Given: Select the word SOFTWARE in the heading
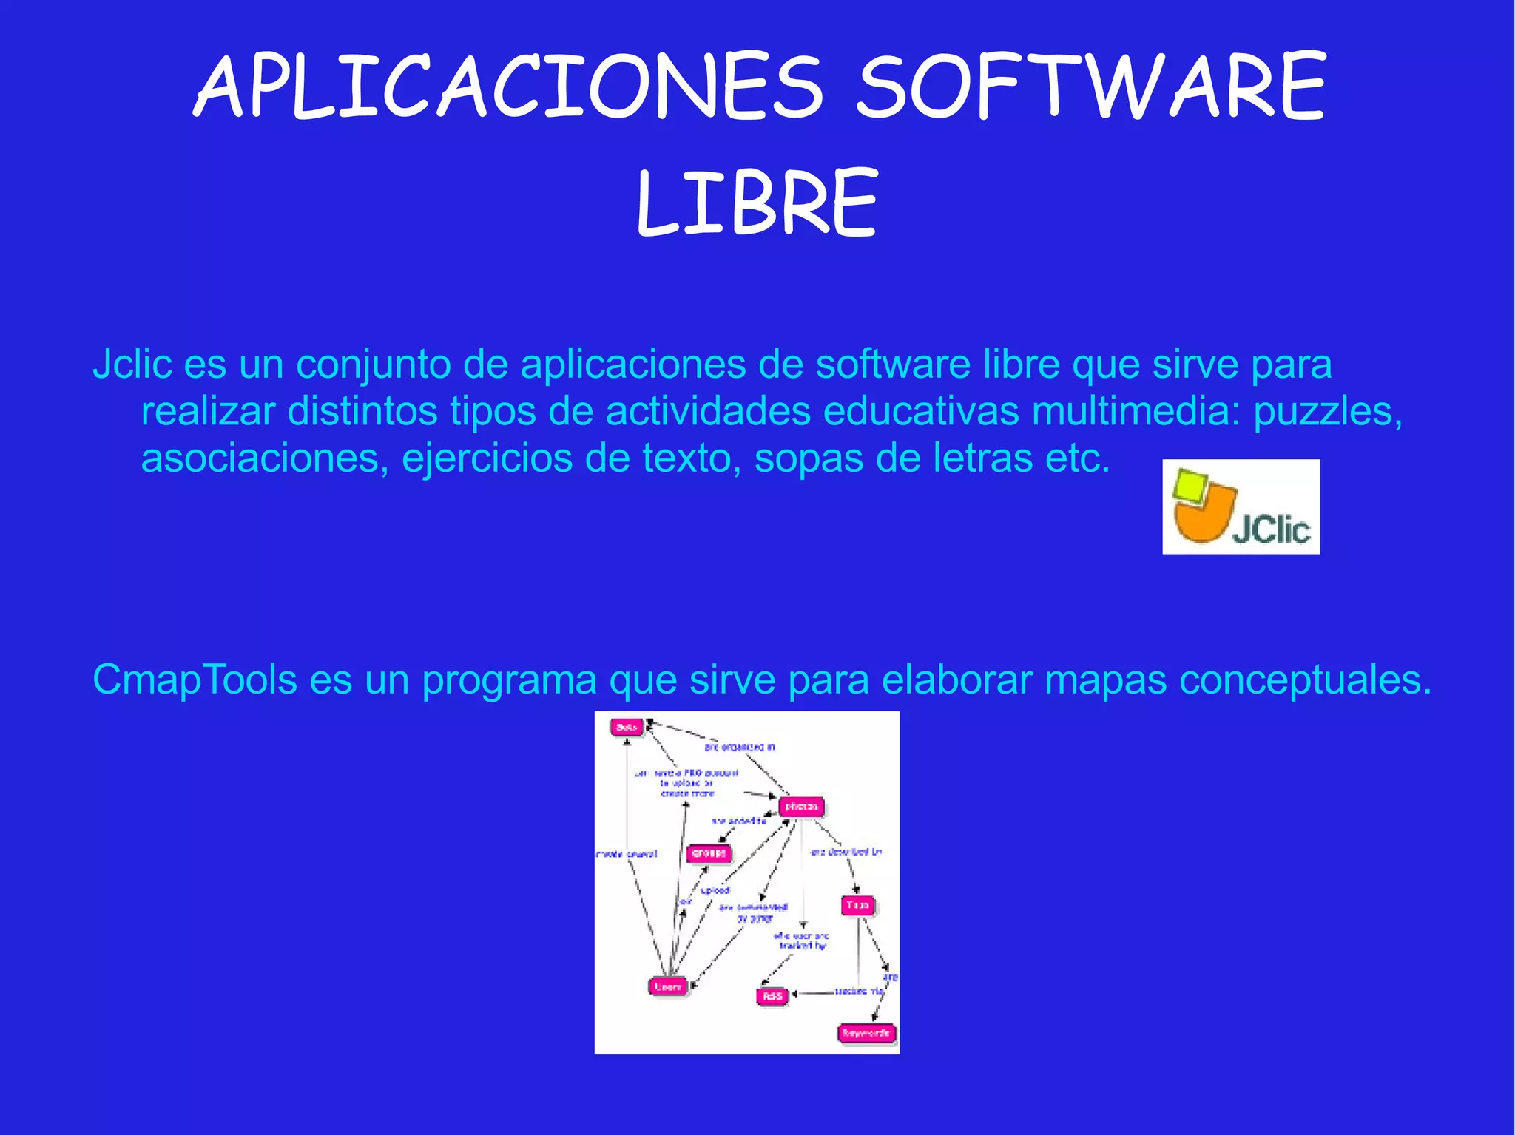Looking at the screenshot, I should tap(1091, 87).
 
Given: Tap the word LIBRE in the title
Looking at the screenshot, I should tap(757, 203).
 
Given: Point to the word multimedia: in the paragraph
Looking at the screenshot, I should tap(1136, 411).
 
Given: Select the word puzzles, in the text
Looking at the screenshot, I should tap(1328, 413).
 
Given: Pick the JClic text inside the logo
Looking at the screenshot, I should tap(1271, 529).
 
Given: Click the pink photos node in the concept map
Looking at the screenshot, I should tap(801, 807).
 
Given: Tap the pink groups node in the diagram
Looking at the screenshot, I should tap(709, 853).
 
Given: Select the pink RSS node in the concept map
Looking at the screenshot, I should tap(772, 996).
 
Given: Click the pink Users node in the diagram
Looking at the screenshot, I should tap(668, 986).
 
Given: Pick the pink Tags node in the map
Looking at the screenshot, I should tap(857, 905).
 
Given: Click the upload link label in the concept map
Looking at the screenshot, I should tap(715, 890).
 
